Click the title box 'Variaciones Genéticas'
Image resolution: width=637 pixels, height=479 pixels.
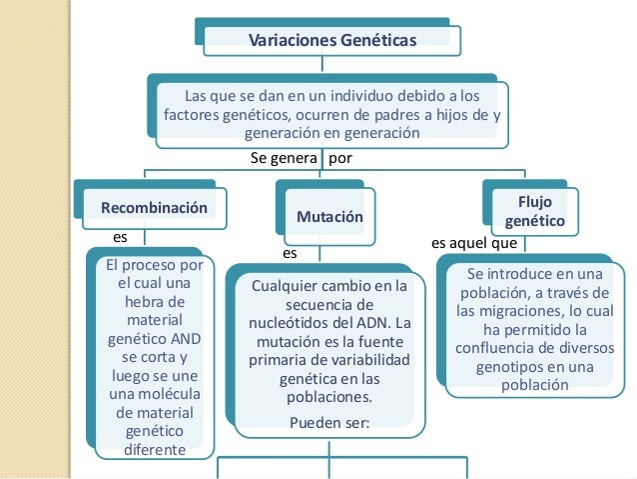331,40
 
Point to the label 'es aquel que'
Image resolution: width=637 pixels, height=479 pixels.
473,243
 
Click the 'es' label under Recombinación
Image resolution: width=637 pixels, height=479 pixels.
121,238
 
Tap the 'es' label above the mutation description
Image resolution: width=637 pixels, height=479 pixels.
291,254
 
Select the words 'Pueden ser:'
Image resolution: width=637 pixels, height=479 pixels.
328,422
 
